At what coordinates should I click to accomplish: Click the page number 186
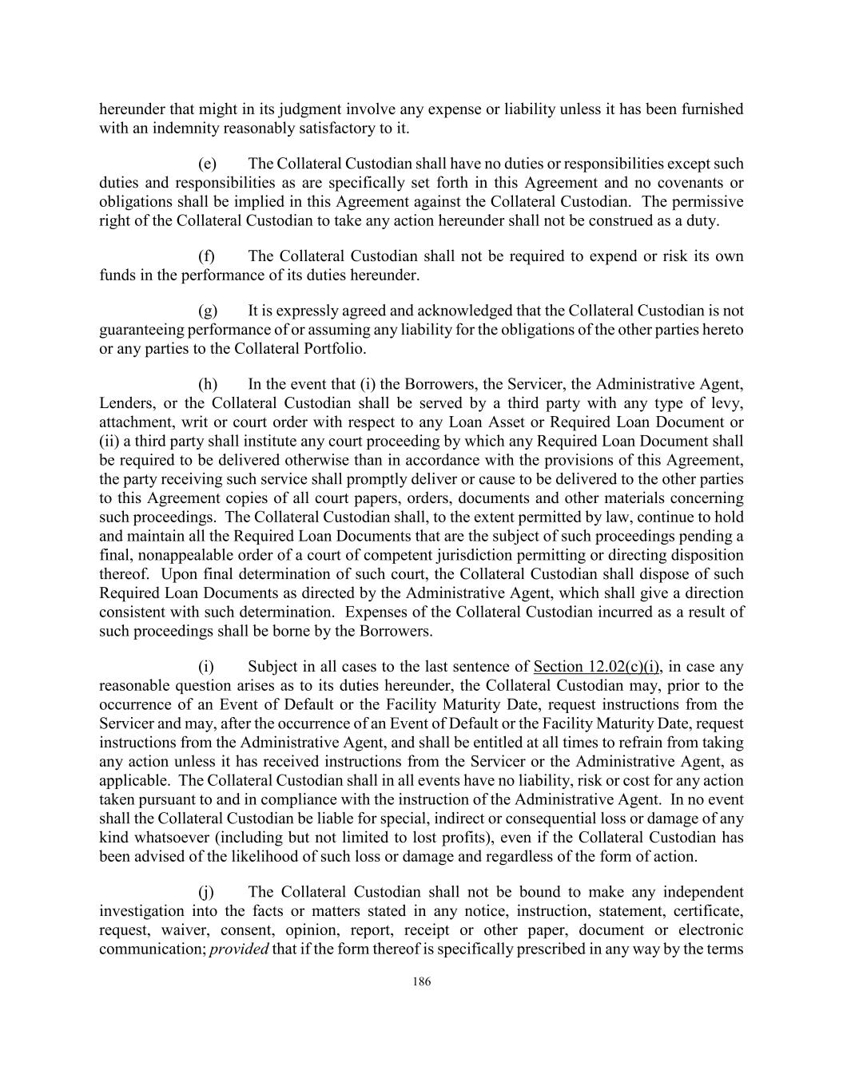[422, 982]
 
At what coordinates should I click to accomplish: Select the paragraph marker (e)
[207, 164]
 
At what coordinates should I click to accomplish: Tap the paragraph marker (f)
[207, 256]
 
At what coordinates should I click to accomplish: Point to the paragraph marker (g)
[207, 311]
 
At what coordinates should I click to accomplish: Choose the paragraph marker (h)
[207, 384]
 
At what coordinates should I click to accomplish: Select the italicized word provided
[239, 949]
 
